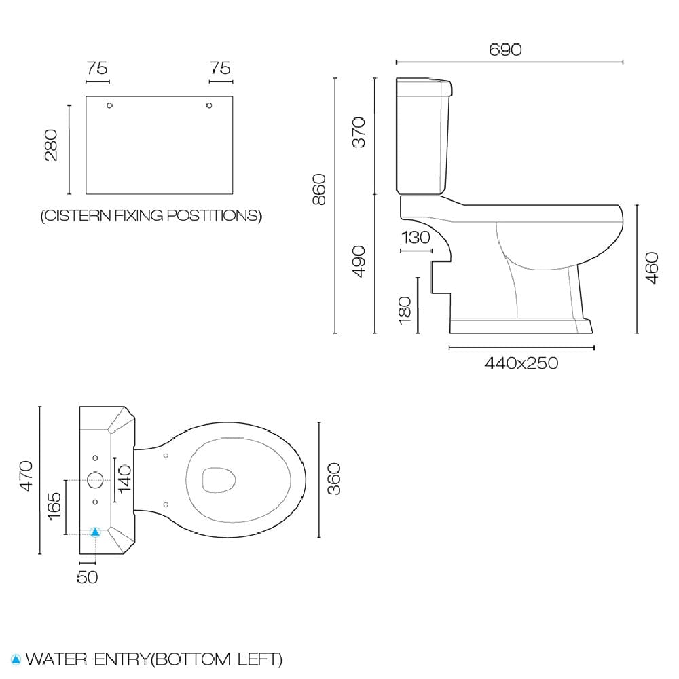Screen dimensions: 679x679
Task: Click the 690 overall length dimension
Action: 505,50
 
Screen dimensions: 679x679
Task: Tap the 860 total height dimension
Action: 319,189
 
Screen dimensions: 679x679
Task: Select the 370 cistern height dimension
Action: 359,132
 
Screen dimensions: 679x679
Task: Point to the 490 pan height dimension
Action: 359,261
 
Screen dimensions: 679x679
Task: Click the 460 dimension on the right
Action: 652,268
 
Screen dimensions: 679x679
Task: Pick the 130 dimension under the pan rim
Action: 416,238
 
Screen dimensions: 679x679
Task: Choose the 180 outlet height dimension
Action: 405,310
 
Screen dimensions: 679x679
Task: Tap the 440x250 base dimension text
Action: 521,363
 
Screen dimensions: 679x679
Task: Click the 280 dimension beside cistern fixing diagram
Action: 51,145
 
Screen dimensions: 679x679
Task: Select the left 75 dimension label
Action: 97,68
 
